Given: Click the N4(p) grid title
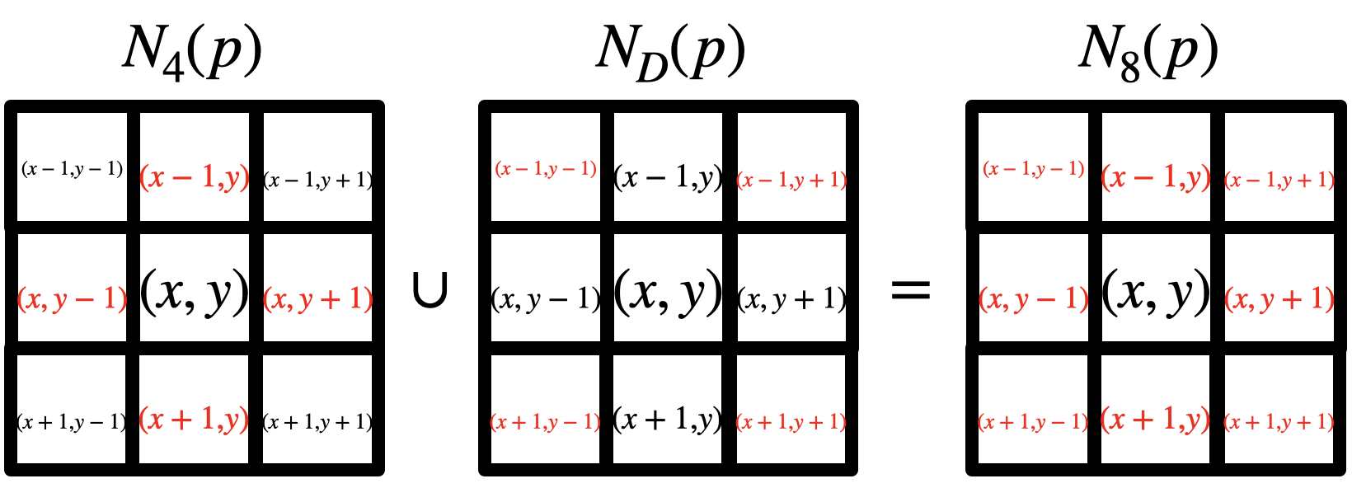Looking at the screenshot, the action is (192, 51).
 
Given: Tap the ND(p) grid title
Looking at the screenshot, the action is (669, 51).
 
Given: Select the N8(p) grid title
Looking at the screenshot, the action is (1148, 51).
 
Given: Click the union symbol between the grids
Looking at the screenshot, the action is (430, 290).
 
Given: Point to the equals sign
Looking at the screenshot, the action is (911, 290).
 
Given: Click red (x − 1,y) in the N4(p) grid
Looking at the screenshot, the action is (195, 177).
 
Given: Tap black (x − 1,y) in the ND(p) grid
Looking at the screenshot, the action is (669, 177).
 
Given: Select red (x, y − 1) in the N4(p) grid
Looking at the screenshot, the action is (72, 298).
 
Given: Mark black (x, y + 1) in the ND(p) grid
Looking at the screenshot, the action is (791, 298).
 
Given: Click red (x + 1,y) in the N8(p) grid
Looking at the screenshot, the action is (1156, 420).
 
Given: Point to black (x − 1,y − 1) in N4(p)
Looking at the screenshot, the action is (72, 170).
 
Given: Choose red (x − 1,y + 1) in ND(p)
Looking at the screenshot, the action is (791, 180).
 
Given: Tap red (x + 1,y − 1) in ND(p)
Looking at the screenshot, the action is (546, 422).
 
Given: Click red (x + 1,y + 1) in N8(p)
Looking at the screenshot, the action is (1279, 422).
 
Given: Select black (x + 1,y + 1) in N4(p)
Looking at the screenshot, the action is (317, 422).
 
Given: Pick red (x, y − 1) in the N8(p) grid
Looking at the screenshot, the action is (1033, 298).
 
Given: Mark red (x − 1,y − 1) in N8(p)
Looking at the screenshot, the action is (1033, 170).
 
